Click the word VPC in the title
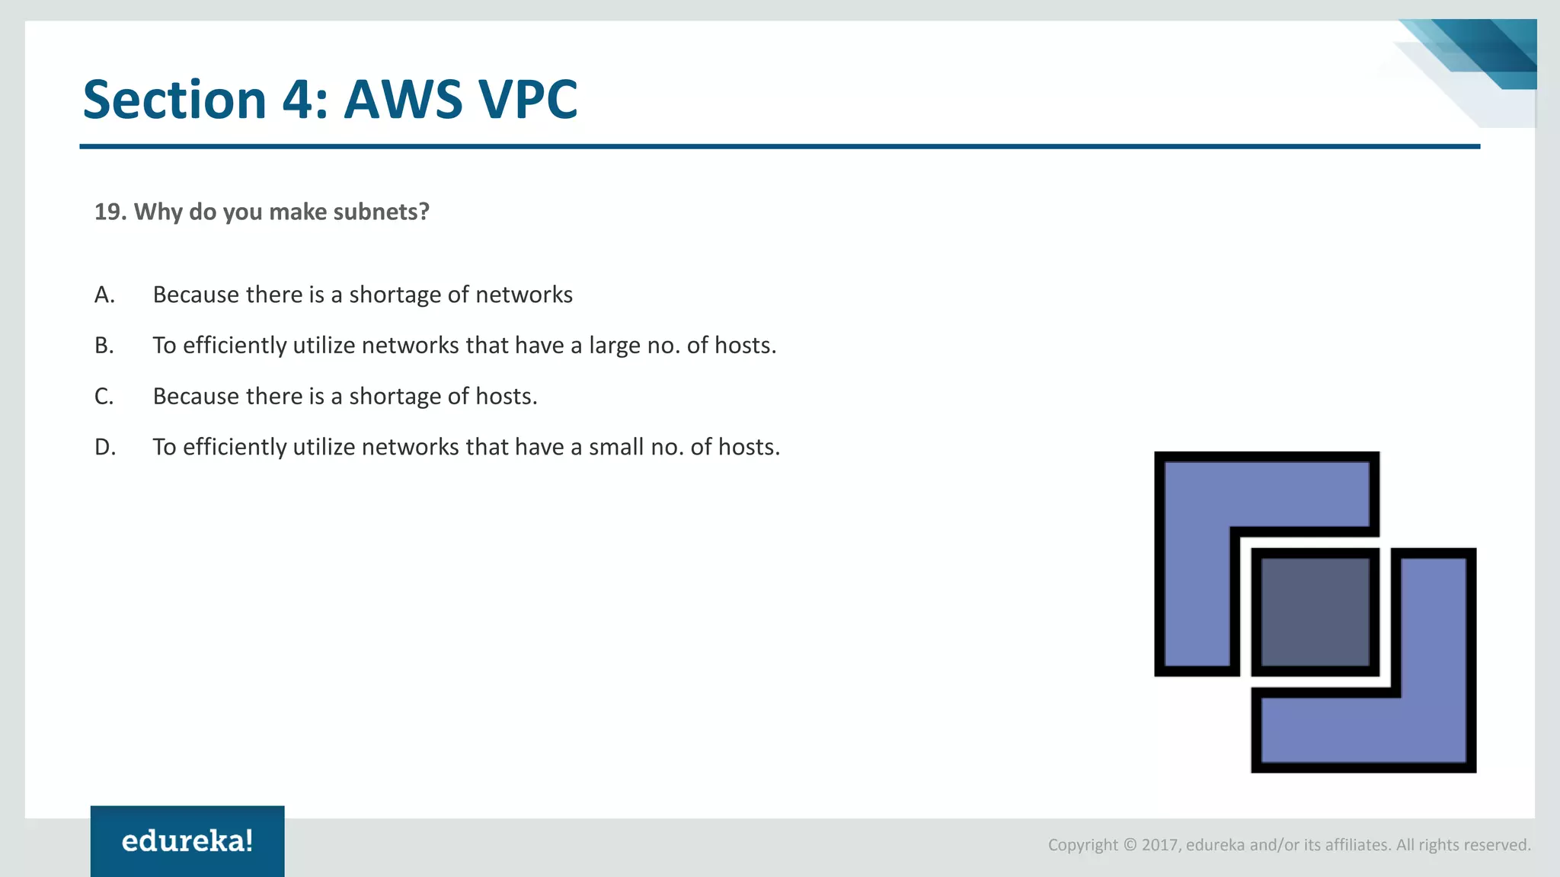527,100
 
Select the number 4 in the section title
297,100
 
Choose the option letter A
104,295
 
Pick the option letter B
104,346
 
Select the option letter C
104,397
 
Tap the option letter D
105,447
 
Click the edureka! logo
187,841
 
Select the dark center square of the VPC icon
1315,612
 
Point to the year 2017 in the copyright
1159,845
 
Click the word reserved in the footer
1498,845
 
